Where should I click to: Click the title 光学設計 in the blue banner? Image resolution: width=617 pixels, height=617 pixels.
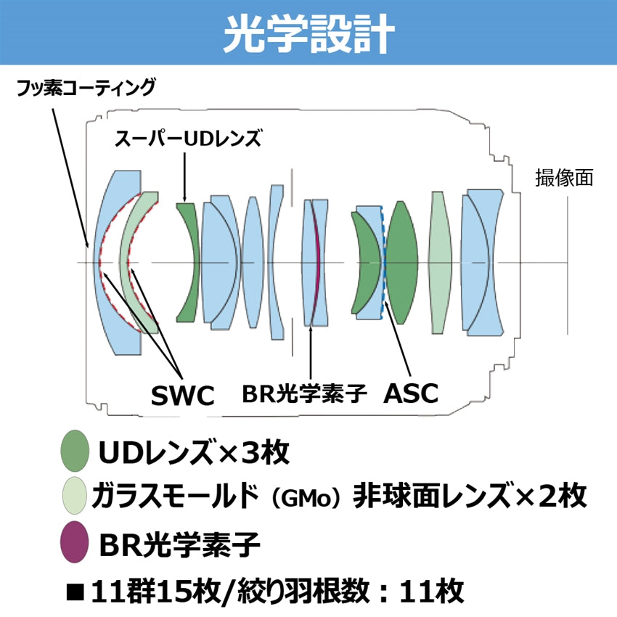point(308,33)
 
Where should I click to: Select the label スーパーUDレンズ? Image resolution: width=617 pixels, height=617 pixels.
point(187,138)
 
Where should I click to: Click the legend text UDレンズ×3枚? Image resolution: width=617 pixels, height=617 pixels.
point(194,453)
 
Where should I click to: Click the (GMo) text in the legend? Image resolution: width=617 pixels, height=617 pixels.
point(305,499)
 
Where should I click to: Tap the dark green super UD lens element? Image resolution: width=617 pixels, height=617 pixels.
point(188,261)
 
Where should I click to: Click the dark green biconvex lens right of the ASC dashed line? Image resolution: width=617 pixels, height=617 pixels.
point(401,261)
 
